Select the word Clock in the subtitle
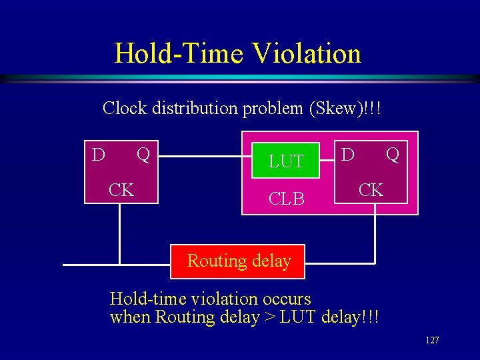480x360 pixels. [125, 108]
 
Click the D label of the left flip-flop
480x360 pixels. [98, 155]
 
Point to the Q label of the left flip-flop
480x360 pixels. [143, 155]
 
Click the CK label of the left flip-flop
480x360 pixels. [121, 189]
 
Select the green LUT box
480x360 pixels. [286, 161]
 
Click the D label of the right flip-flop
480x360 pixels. [347, 155]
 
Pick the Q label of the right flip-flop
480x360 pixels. [393, 155]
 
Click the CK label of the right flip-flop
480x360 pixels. [371, 190]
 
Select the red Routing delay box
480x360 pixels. [239, 261]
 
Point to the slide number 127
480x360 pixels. [432, 341]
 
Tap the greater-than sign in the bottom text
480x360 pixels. [271, 317]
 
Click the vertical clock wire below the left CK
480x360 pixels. [120, 233]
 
